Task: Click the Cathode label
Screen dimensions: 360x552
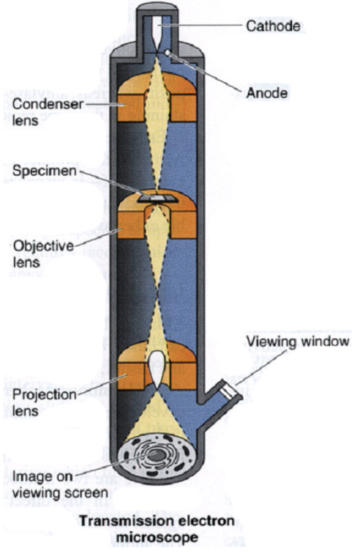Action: click(x=273, y=26)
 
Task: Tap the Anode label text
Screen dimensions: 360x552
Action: click(x=267, y=93)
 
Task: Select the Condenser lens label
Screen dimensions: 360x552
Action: click(x=48, y=112)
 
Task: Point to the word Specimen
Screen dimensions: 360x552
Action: click(x=44, y=171)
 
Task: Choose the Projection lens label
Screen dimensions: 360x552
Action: click(x=44, y=403)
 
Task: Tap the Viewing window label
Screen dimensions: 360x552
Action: click(x=298, y=342)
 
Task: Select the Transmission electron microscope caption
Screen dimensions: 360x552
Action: click(x=156, y=528)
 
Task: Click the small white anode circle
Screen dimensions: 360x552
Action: click(x=168, y=53)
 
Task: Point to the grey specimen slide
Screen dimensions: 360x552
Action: click(x=157, y=199)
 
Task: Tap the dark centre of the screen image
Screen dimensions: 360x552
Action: click(x=157, y=456)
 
